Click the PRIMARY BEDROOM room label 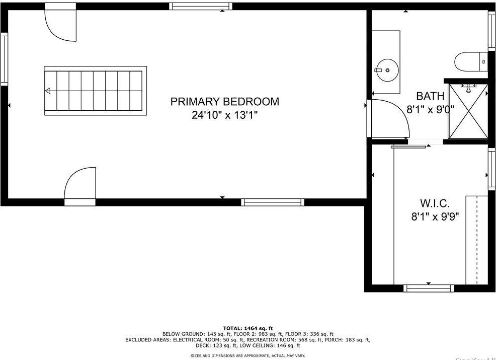click(224, 102)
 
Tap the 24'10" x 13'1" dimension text click(224, 115)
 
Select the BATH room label click(430, 96)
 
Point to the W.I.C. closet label click(435, 203)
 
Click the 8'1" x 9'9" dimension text click(436, 217)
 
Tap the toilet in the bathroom click(471, 62)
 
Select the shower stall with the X click(468, 111)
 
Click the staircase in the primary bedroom click(96, 91)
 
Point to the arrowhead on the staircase click(48, 91)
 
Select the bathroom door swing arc click(390, 118)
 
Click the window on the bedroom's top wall click(201, 6)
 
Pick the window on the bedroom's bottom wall click(272, 202)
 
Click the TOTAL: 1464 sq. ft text click(248, 328)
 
